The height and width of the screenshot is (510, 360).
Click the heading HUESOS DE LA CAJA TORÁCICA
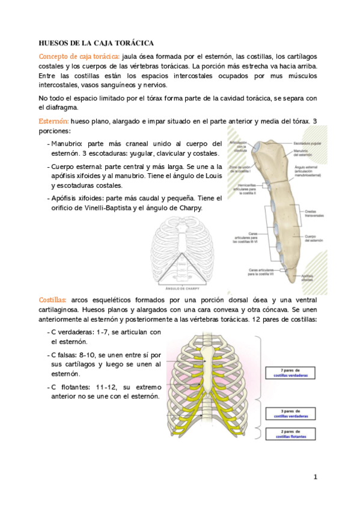pos(96,43)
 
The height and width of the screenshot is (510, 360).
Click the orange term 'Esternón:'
pos(53,121)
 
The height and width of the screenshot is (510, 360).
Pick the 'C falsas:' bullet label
pos(66,355)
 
